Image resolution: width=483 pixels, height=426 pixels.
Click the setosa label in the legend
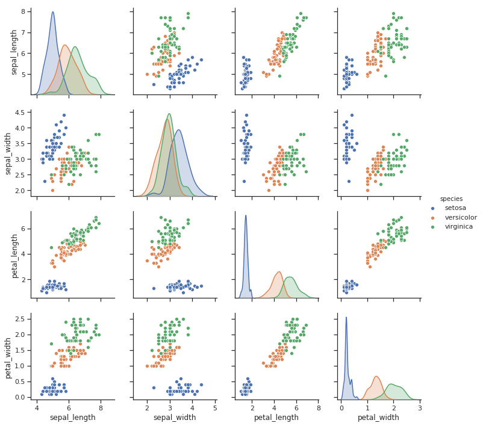(455, 208)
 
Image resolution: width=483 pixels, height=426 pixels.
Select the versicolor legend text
(461, 217)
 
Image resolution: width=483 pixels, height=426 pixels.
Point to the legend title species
(451, 199)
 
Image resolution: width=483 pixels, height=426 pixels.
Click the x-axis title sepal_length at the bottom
(72, 418)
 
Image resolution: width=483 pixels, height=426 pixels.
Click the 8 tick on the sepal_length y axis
(23, 11)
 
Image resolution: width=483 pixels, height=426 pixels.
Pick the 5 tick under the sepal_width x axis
(216, 407)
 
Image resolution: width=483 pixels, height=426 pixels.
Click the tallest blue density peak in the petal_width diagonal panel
(346, 317)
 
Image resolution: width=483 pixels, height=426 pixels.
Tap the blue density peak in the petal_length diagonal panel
(246, 215)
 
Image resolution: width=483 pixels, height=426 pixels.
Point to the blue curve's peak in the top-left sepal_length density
(52, 12)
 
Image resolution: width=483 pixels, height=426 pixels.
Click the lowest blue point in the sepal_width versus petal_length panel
(244, 181)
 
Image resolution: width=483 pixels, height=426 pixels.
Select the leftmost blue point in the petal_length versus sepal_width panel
(154, 288)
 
